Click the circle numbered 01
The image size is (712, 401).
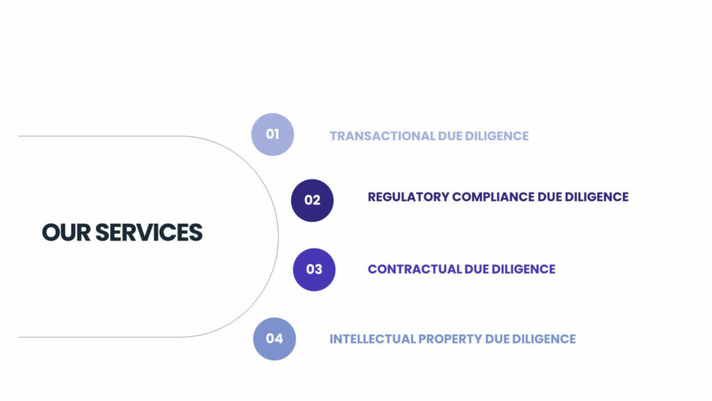pos(273,135)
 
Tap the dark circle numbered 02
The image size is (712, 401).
pos(313,200)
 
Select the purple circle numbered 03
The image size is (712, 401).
pos(314,269)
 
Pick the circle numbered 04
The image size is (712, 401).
pos(274,339)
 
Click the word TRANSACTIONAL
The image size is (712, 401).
pos(382,136)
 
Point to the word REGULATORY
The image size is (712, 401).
pos(408,197)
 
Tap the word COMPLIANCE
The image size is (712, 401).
pos(493,197)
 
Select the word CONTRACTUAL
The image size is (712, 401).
pos(414,269)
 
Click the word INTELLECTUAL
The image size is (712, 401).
pos(372,339)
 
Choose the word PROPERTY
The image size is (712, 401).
pos(450,339)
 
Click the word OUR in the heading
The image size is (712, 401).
pos(66,232)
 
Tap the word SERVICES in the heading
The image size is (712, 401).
pos(149,232)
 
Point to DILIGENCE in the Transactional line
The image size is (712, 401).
pos(497,136)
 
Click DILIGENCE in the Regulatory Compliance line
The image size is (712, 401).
pos(597,197)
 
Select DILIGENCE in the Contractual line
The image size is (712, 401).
pos(523,269)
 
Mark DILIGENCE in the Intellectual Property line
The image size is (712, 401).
pos(544,339)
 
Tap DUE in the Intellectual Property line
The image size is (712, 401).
pos(497,339)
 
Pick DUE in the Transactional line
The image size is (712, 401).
pos(450,136)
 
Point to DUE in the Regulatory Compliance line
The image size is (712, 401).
pos(550,197)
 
